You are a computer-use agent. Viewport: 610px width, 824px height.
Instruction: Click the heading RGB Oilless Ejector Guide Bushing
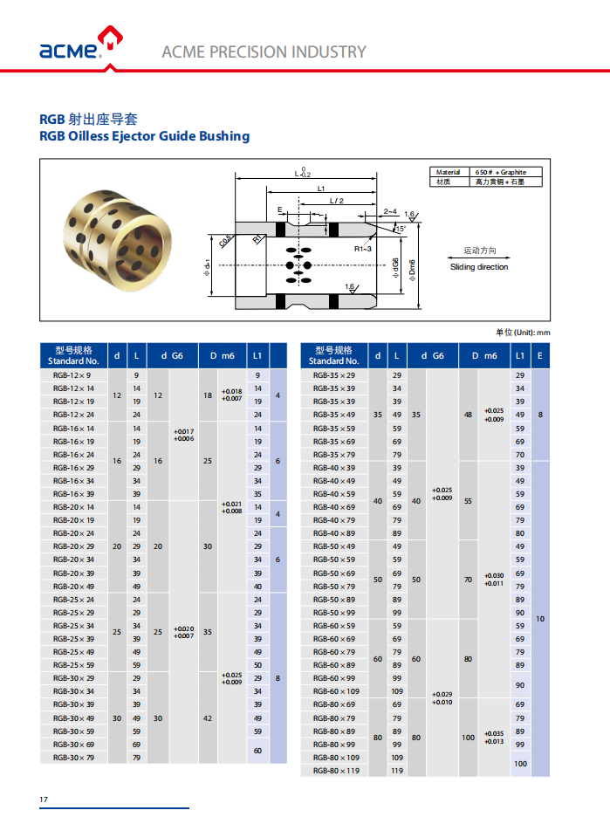point(145,136)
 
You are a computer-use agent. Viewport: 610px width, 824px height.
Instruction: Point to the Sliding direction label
point(479,267)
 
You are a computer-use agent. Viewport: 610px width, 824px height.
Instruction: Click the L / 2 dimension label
point(337,202)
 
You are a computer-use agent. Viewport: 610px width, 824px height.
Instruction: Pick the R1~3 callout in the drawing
point(364,250)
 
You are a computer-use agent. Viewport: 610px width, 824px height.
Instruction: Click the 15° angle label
point(400,229)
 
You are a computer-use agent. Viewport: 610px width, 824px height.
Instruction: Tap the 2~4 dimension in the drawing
point(389,211)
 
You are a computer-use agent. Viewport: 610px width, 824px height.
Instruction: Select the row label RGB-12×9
point(73,375)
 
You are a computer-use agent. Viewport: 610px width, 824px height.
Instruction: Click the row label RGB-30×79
point(73,758)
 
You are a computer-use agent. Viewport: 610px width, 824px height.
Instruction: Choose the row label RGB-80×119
point(336,771)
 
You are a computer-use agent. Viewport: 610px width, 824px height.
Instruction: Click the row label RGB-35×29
point(334,375)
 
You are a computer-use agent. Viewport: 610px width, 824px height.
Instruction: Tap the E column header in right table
point(540,355)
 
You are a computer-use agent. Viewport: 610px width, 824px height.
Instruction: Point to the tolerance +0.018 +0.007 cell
point(232,395)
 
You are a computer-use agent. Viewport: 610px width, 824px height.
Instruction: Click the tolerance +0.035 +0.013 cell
point(494,738)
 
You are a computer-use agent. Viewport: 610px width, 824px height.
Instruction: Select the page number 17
point(44,800)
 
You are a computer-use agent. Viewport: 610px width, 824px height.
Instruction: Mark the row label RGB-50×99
point(334,613)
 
